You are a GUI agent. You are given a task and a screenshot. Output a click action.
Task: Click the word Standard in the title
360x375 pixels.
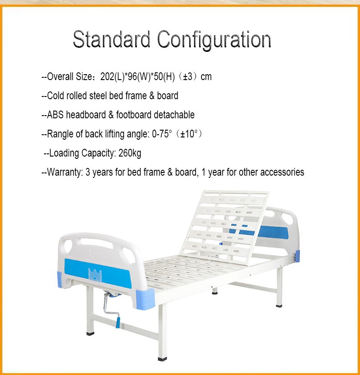111,39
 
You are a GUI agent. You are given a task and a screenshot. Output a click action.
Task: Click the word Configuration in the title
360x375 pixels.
214,41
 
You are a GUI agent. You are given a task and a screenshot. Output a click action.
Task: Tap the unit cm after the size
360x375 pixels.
206,77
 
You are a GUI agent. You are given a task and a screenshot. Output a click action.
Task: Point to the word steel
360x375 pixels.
98,96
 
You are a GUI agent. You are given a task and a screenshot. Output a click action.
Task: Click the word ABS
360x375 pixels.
55,115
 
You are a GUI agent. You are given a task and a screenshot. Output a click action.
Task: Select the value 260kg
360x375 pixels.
130,153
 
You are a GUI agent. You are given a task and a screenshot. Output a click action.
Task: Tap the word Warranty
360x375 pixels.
64,172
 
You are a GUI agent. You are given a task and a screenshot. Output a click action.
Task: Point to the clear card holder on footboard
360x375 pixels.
95,274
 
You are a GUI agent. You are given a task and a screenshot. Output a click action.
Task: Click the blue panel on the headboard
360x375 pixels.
273,232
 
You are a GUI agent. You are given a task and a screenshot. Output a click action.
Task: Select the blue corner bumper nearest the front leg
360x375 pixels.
145,299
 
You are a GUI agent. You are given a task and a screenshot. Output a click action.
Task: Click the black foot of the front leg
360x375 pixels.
162,359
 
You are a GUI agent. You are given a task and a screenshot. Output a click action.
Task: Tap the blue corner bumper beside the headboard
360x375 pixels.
297,256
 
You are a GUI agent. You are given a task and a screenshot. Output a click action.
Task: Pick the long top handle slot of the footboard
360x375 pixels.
97,243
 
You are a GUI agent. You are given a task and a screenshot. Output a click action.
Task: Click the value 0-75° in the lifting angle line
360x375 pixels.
162,134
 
